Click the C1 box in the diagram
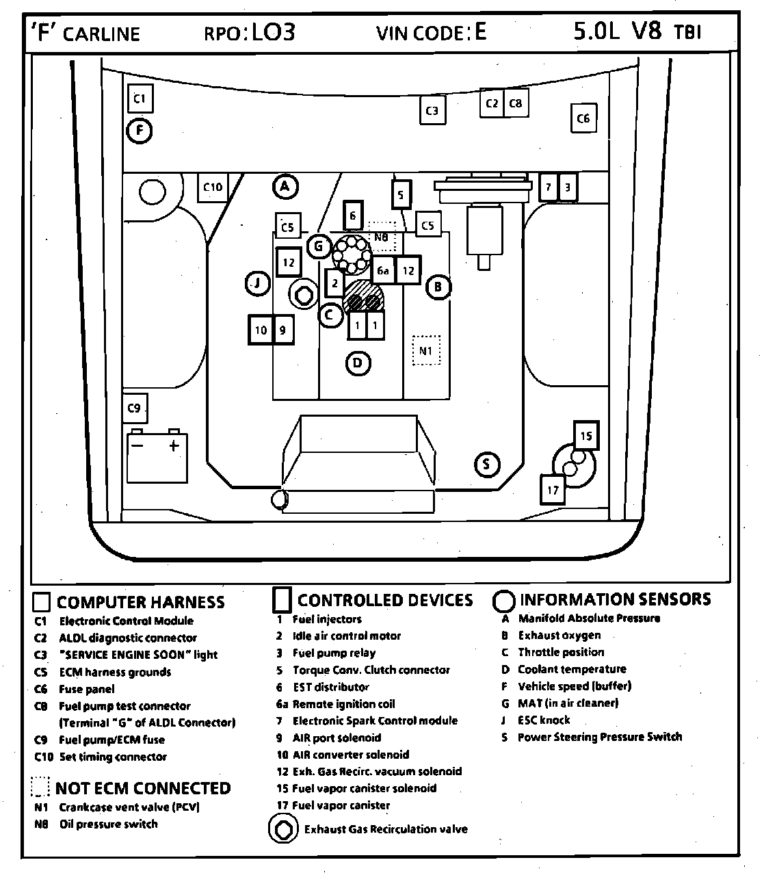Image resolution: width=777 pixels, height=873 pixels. (140, 99)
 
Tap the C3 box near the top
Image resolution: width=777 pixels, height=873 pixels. (432, 110)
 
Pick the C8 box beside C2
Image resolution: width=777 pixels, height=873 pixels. (516, 103)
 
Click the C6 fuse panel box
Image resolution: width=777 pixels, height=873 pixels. (583, 118)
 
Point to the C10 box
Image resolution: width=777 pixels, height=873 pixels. (213, 187)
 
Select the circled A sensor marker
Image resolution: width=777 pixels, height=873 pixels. (285, 186)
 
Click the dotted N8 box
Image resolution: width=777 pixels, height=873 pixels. (382, 237)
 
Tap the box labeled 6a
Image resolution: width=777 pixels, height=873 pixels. (383, 271)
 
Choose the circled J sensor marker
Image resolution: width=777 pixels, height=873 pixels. (257, 283)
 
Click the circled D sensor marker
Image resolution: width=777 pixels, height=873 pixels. (358, 363)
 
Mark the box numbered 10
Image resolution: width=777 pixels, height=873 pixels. (261, 330)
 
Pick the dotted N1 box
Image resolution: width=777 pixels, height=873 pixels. (426, 350)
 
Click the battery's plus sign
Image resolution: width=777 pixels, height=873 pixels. (174, 446)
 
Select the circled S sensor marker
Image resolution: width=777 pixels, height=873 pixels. (486, 465)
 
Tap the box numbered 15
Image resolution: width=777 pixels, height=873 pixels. (585, 436)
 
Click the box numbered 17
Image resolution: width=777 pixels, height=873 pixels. (553, 490)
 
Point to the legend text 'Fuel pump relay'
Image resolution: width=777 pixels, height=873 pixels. (334, 653)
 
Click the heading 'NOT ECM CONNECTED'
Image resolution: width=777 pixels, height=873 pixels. (143, 788)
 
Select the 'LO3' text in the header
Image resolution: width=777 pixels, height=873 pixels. (274, 32)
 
